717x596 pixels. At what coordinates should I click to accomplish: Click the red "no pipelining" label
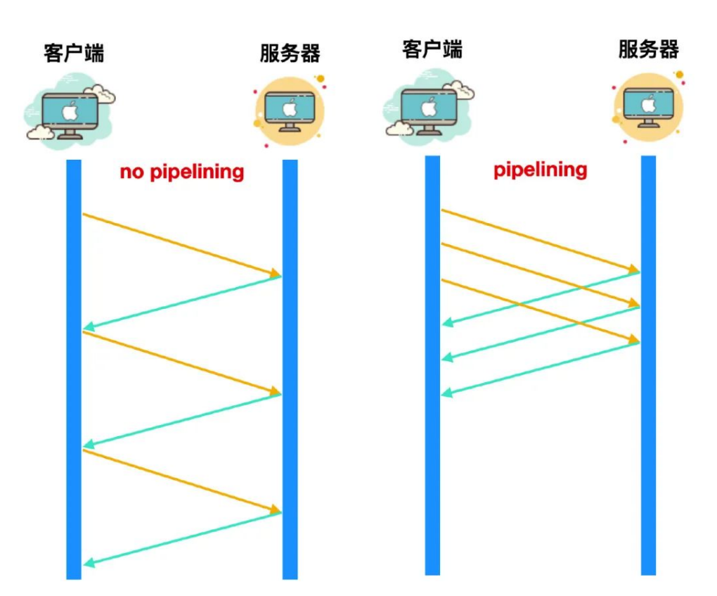182,172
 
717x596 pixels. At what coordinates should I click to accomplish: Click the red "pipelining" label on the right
540,170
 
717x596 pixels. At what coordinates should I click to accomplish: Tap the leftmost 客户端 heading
74,53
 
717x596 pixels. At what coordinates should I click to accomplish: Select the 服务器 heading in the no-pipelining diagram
290,53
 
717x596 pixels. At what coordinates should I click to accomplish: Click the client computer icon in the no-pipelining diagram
70,113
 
